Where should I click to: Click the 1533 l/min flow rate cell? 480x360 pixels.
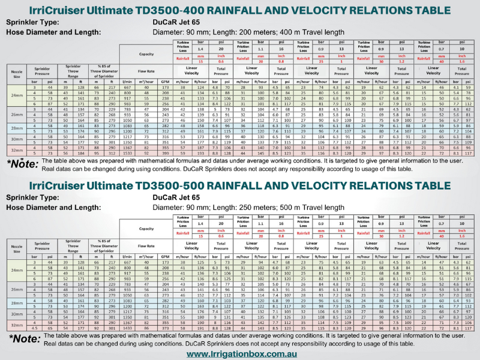[127, 154]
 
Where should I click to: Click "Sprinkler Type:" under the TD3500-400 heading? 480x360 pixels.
[33, 22]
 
